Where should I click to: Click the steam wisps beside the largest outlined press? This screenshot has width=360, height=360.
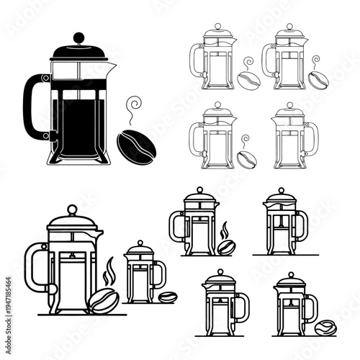(x=109, y=273)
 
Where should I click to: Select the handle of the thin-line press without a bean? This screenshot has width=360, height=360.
(x=312, y=136)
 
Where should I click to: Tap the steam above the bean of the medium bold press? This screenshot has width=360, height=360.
(x=225, y=231)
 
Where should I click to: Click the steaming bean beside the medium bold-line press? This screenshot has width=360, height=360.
(x=225, y=249)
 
